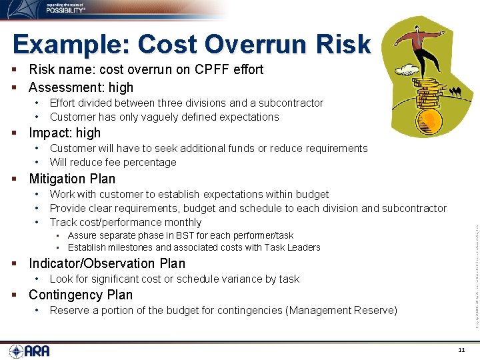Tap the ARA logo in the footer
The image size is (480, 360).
click(29, 351)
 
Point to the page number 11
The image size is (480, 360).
click(461, 350)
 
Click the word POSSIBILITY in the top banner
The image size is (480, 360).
click(66, 11)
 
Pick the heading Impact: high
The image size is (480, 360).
click(65, 133)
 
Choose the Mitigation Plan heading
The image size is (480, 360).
click(72, 179)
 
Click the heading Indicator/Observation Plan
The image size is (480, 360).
click(107, 263)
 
